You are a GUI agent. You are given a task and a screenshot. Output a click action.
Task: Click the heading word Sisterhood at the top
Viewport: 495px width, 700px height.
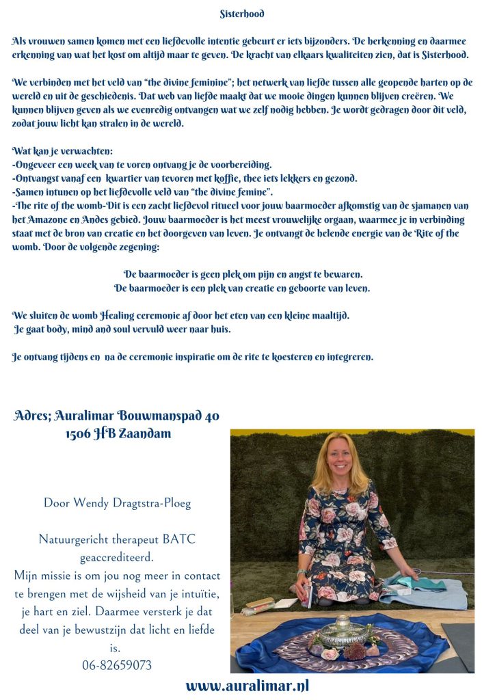[242, 14]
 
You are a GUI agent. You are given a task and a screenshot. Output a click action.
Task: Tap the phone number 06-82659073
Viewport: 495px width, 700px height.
[116, 664]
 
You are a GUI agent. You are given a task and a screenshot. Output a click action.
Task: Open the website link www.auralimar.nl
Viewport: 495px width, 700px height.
[247, 686]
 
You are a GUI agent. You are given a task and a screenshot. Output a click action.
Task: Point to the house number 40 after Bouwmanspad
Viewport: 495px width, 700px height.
[211, 416]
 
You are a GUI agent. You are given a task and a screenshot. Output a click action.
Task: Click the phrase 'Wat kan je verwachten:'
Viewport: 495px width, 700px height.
[63, 150]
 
